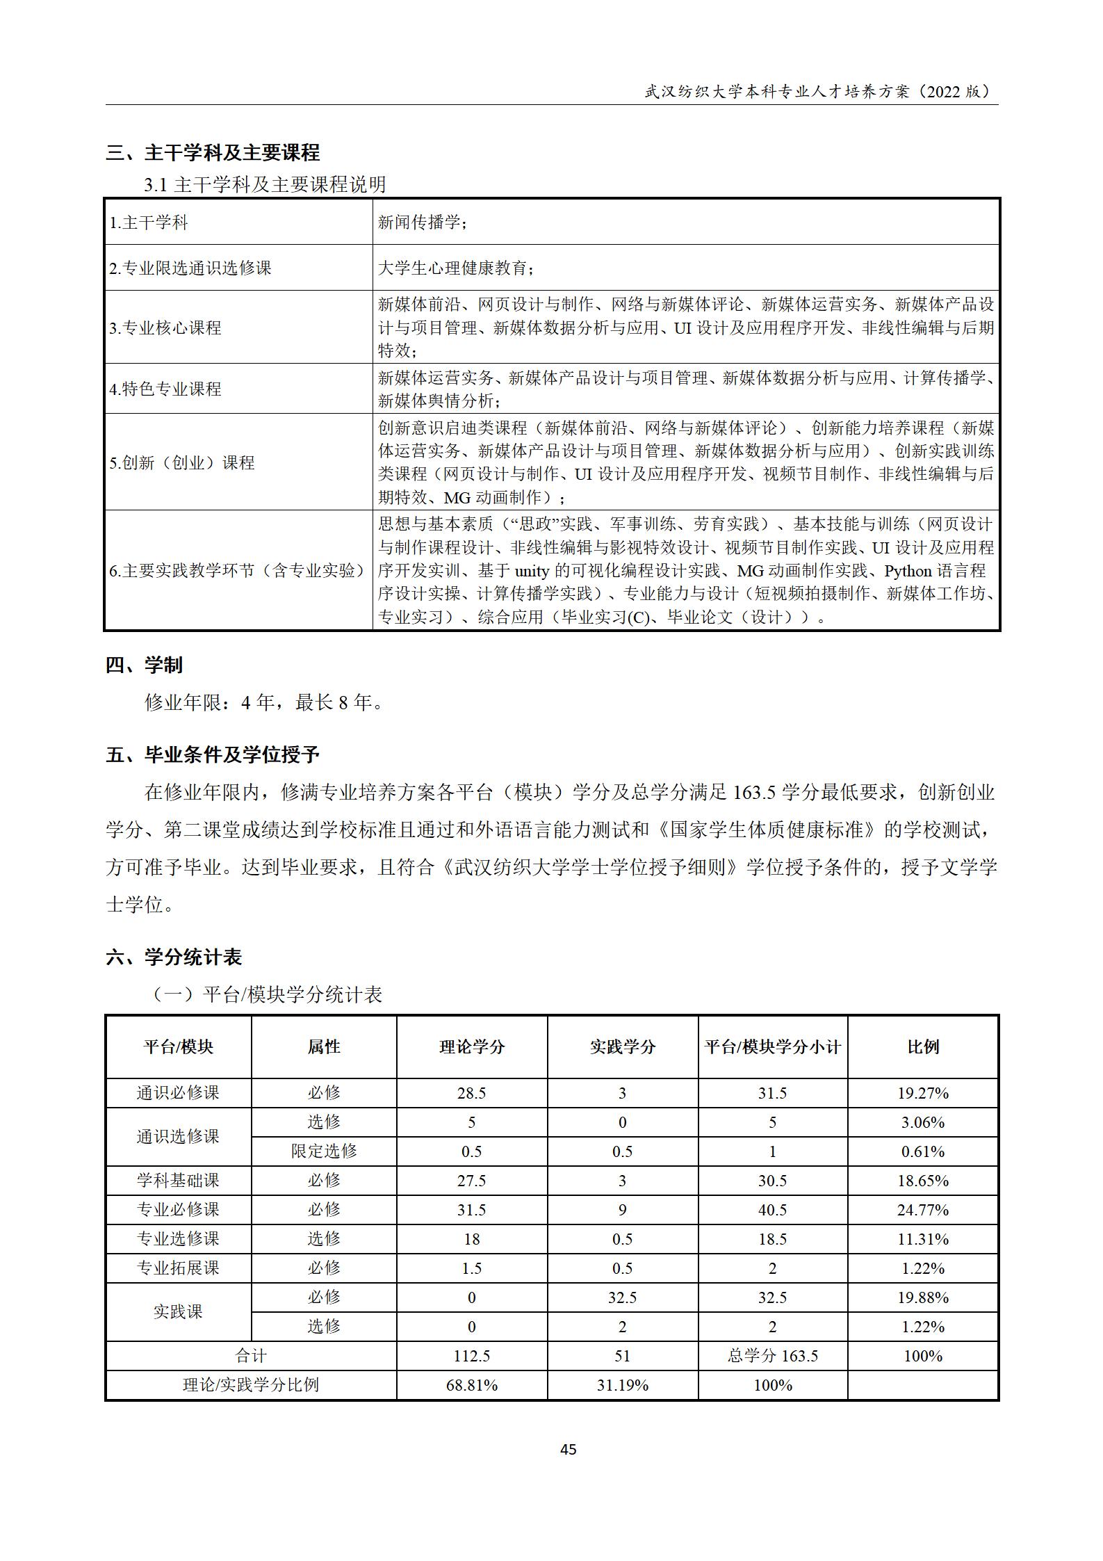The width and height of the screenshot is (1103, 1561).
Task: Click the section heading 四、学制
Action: point(144,665)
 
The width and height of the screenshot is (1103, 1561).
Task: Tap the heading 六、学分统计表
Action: point(174,957)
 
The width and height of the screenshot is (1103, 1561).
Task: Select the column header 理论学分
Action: point(471,1047)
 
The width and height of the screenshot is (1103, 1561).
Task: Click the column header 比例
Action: point(922,1047)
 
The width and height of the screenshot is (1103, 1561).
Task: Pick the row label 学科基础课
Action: point(178,1180)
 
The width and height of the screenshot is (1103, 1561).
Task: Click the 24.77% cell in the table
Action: point(922,1210)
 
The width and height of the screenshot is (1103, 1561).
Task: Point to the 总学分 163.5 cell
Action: point(772,1356)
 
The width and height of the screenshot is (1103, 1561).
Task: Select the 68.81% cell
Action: point(471,1385)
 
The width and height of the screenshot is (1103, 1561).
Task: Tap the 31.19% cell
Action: point(622,1385)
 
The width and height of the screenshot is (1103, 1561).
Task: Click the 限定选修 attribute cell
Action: point(324,1151)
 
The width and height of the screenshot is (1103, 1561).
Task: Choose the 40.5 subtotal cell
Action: point(772,1210)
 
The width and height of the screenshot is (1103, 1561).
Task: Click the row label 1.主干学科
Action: point(149,223)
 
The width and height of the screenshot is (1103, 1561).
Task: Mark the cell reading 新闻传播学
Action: point(422,223)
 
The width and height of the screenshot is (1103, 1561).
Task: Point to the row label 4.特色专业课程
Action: point(165,389)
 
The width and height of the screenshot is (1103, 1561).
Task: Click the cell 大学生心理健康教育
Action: point(456,268)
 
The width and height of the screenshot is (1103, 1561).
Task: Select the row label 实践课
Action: point(178,1311)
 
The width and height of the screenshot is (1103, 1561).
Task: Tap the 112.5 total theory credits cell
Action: point(471,1356)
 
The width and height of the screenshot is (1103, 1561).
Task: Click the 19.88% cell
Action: point(922,1297)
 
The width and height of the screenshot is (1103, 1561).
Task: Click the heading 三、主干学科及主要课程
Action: point(213,152)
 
